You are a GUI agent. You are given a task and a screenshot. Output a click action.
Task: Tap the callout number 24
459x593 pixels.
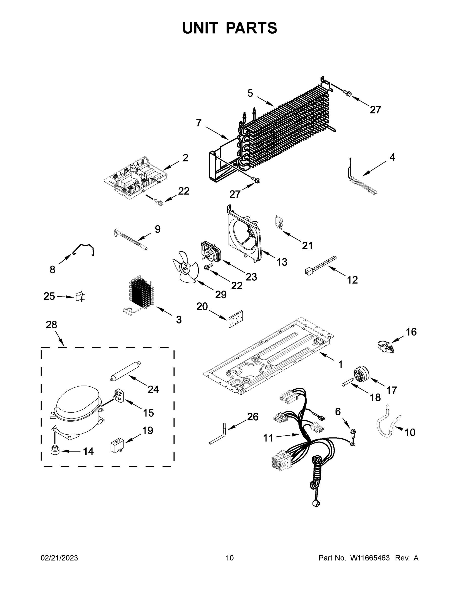[x=153, y=390]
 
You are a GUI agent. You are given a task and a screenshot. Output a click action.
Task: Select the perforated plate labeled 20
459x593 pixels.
[x=236, y=319]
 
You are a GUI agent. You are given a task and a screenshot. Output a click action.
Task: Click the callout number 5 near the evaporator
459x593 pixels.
[x=250, y=93]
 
